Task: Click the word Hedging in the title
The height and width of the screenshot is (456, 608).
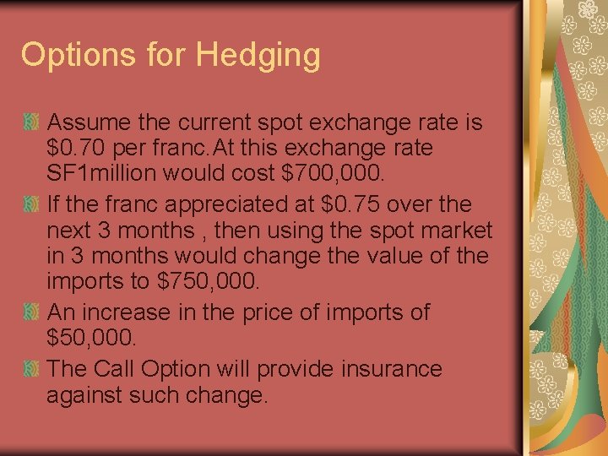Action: [x=258, y=56]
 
